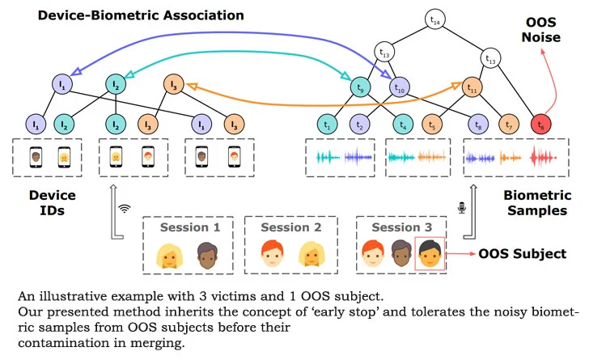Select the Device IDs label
pos(53,202)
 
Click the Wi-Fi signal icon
pos(125,208)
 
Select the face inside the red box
pos(430,254)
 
